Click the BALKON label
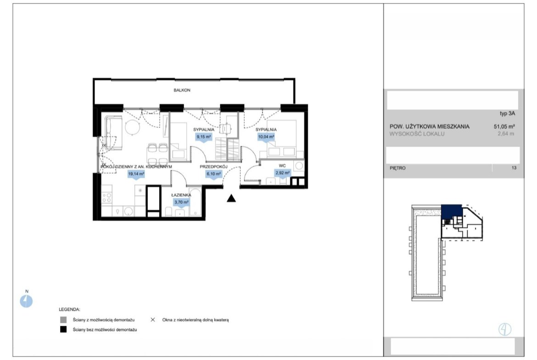coord(182,90)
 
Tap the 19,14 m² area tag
coord(136,174)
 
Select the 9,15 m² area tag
coord(204,137)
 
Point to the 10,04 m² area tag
coord(266,137)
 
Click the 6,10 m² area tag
coord(214,174)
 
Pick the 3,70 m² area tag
coord(181,202)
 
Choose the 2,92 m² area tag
coord(283,173)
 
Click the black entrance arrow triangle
coord(231,198)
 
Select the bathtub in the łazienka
coord(195,202)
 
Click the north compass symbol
coord(26,301)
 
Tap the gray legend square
coord(63,320)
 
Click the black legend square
coord(63,329)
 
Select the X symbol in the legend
coord(153,320)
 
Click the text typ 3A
coord(507,114)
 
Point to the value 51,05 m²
coord(504,126)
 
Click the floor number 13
coord(514,168)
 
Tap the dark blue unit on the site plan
coord(452,211)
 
